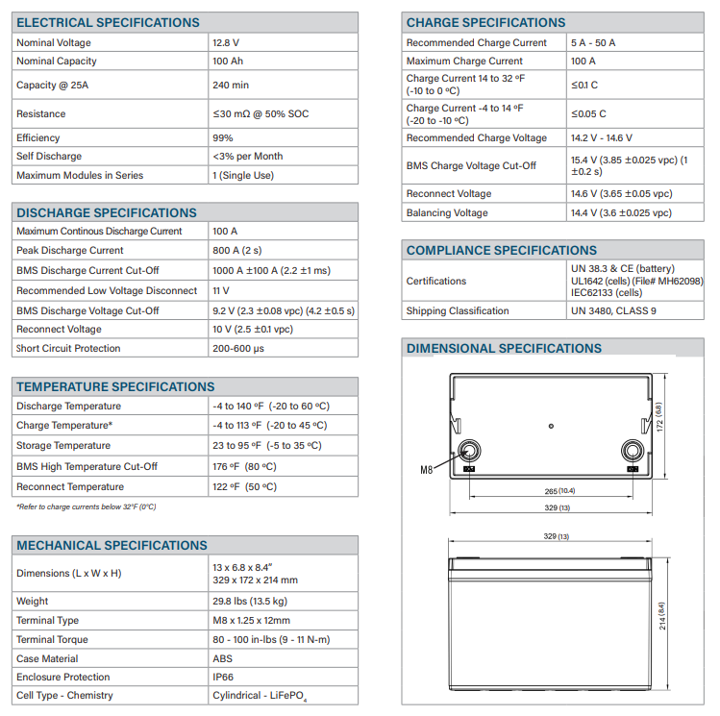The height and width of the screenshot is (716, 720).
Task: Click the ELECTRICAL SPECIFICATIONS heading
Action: click(108, 22)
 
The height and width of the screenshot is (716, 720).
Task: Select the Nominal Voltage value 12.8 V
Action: click(226, 43)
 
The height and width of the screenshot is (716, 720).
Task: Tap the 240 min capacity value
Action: click(231, 85)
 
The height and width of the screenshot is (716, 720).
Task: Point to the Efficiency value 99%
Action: click(223, 137)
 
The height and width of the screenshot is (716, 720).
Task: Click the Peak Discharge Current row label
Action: click(70, 251)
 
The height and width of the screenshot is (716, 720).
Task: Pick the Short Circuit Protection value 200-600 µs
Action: click(238, 349)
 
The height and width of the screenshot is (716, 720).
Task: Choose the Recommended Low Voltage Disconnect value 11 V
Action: click(221, 290)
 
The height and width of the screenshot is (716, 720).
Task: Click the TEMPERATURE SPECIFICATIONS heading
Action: click(115, 386)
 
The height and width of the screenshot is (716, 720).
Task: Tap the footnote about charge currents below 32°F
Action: click(86, 506)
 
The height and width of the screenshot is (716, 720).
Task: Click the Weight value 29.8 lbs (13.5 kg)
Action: click(249, 601)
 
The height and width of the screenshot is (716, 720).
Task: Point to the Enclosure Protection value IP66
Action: click(224, 677)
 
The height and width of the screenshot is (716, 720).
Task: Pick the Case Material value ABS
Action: click(223, 658)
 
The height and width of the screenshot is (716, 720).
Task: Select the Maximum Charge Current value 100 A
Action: click(583, 62)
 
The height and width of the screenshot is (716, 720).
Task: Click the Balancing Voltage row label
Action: click(447, 212)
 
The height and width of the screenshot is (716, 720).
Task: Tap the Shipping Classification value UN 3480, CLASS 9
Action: click(613, 310)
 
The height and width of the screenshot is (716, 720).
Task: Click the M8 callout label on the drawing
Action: click(428, 471)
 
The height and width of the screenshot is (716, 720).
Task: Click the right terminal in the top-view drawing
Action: click(633, 450)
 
